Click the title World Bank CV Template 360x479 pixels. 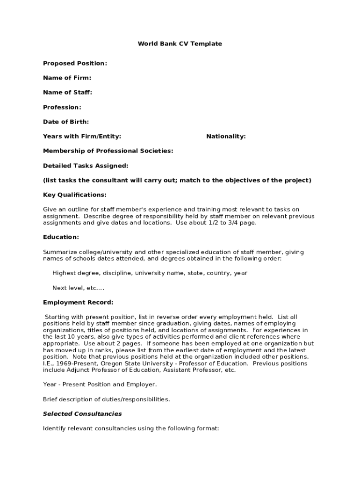[180, 44]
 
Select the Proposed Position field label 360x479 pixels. [75, 63]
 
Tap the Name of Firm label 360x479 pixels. [67, 78]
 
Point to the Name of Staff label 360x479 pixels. [67, 93]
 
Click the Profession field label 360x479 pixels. [62, 107]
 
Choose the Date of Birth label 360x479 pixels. [66, 122]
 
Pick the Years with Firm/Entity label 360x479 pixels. [82, 136]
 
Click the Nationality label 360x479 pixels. [226, 136]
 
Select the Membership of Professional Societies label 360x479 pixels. [108, 151]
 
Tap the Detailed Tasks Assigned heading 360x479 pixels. [86, 166]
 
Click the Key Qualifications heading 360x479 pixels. [75, 195]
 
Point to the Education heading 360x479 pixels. [61, 237]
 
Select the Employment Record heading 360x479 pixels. [78, 302]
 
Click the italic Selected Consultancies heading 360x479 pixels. [82, 414]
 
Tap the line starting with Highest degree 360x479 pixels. [150, 273]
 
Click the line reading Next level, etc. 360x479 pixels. [78, 288]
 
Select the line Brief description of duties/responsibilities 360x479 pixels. [107, 399]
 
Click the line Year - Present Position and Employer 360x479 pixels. [100, 385]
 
